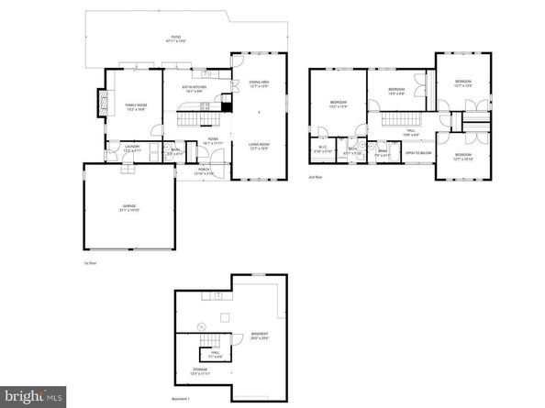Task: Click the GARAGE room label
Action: tap(129, 206)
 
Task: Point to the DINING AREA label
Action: tap(259, 83)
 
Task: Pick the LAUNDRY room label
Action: tap(119, 147)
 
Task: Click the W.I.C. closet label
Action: tap(323, 149)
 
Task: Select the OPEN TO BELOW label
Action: tap(417, 153)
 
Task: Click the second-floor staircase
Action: tap(398, 120)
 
